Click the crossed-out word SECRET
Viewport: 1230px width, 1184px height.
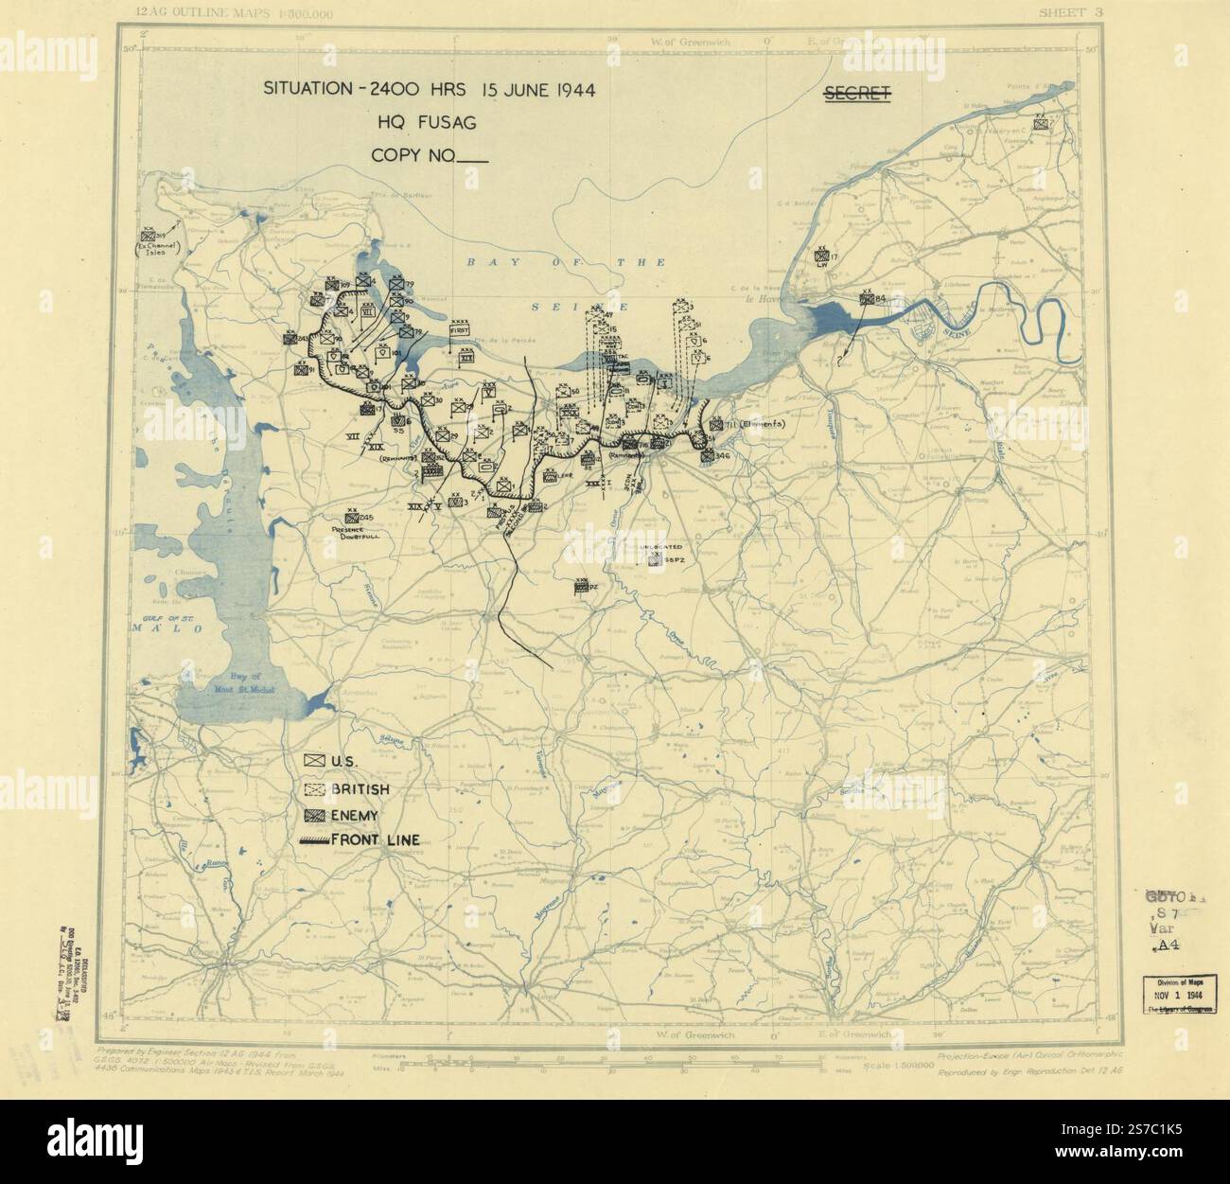856,93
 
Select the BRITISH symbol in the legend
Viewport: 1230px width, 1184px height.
314,788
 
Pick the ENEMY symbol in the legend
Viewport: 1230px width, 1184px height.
314,815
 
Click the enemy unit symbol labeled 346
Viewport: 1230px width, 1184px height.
707,456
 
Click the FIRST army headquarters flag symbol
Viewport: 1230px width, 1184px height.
461,329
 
